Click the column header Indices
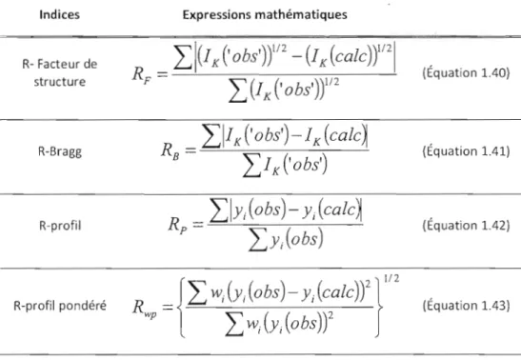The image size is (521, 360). click(x=59, y=14)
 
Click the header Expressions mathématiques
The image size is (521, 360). click(x=265, y=14)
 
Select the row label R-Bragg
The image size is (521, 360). click(x=60, y=151)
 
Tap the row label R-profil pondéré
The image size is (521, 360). click(x=60, y=306)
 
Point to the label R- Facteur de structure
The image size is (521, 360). click(x=60, y=72)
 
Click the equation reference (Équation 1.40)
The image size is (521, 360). click(x=466, y=72)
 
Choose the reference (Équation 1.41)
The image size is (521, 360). click(x=466, y=151)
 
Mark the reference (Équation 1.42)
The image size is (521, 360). click(x=466, y=226)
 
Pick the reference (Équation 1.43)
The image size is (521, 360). click(x=466, y=306)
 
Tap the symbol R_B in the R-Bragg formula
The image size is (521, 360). click(x=170, y=150)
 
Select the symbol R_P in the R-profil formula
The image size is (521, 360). click(x=178, y=225)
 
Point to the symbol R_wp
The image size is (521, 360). click(x=145, y=308)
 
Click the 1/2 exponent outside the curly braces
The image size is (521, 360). click(x=391, y=278)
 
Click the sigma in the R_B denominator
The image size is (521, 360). click(x=251, y=166)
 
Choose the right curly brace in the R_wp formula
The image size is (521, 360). click(x=378, y=308)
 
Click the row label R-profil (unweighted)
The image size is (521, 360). click(x=60, y=226)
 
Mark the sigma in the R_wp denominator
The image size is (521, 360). click(x=234, y=325)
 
